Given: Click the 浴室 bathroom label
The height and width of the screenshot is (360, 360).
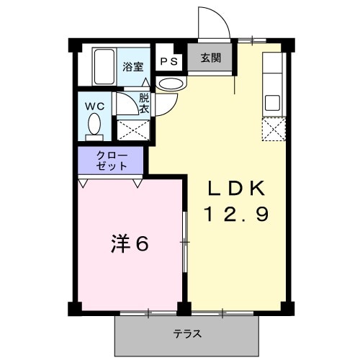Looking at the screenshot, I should coord(132,66).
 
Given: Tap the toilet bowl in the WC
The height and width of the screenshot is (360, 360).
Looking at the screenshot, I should coord(94,127).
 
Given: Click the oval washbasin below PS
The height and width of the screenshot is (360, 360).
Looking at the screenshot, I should coord(171,84).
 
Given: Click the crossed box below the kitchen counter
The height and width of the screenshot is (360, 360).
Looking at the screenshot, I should coord(274,129).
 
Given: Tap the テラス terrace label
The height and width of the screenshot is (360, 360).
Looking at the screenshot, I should coord(186,334).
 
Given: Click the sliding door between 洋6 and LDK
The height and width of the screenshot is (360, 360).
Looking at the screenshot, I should coord(185,245).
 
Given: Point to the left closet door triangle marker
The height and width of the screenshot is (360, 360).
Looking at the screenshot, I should coord(85,183).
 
